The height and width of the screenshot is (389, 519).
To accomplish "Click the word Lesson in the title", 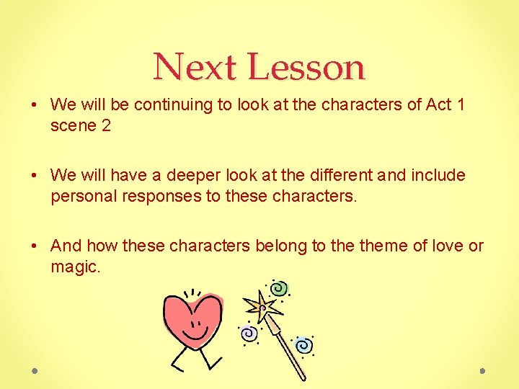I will click(x=307, y=67).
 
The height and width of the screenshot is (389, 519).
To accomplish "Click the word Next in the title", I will click(x=195, y=67).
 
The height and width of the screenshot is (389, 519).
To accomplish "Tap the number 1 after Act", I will click(x=460, y=104).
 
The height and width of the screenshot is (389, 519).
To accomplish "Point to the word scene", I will click(x=73, y=125).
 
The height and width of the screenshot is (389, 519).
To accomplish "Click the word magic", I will click(x=74, y=267).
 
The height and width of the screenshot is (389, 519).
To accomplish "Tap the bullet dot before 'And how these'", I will click(x=35, y=246).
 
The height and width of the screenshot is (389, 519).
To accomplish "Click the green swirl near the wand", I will click(x=280, y=289).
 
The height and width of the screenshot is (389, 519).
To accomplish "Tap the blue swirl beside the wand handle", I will click(x=303, y=345).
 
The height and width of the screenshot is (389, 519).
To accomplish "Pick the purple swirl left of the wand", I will click(x=248, y=334).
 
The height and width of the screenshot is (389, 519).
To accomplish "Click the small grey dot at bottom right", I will click(x=482, y=371).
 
